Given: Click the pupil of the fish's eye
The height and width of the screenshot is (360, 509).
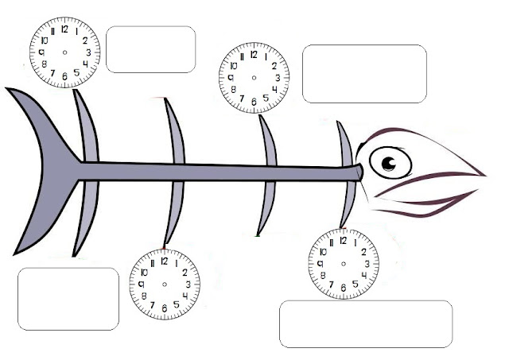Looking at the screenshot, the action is point(387,164).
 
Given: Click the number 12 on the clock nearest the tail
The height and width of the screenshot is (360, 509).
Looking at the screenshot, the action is point(65,25).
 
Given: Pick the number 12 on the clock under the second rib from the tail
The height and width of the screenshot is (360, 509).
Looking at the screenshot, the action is point(164,260).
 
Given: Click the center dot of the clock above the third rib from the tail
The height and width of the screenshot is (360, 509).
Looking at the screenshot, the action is point(254,78).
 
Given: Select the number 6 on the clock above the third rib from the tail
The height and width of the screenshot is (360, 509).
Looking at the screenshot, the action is point(254,102).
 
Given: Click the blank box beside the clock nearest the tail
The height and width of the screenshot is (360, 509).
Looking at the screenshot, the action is point(150,49).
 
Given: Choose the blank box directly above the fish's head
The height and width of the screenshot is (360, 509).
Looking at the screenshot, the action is point(364,74).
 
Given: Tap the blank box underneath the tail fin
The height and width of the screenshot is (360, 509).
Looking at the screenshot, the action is point(68,299).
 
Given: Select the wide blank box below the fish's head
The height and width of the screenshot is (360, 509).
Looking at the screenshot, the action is point(365,323).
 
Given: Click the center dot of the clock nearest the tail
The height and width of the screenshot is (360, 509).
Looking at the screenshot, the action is point(65,52).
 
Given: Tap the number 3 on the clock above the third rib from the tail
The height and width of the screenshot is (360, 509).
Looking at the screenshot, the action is point(276,78).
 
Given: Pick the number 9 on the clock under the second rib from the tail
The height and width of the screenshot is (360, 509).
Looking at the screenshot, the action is point(141,284).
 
